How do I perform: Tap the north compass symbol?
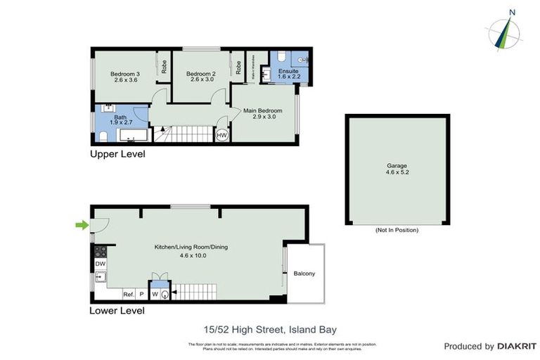(x=504, y=32)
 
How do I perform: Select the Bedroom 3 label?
(x=124, y=76)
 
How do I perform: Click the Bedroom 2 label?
(x=200, y=76)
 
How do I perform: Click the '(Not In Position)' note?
(x=397, y=230)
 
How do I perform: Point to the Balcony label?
(x=304, y=274)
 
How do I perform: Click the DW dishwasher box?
(x=99, y=264)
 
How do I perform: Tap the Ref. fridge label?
(x=128, y=294)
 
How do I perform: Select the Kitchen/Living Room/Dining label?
(x=191, y=247)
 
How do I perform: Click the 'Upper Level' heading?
(x=117, y=154)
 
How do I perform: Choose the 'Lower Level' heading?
(x=117, y=310)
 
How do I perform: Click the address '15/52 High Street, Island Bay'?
(x=270, y=328)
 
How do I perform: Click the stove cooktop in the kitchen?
(x=99, y=250)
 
